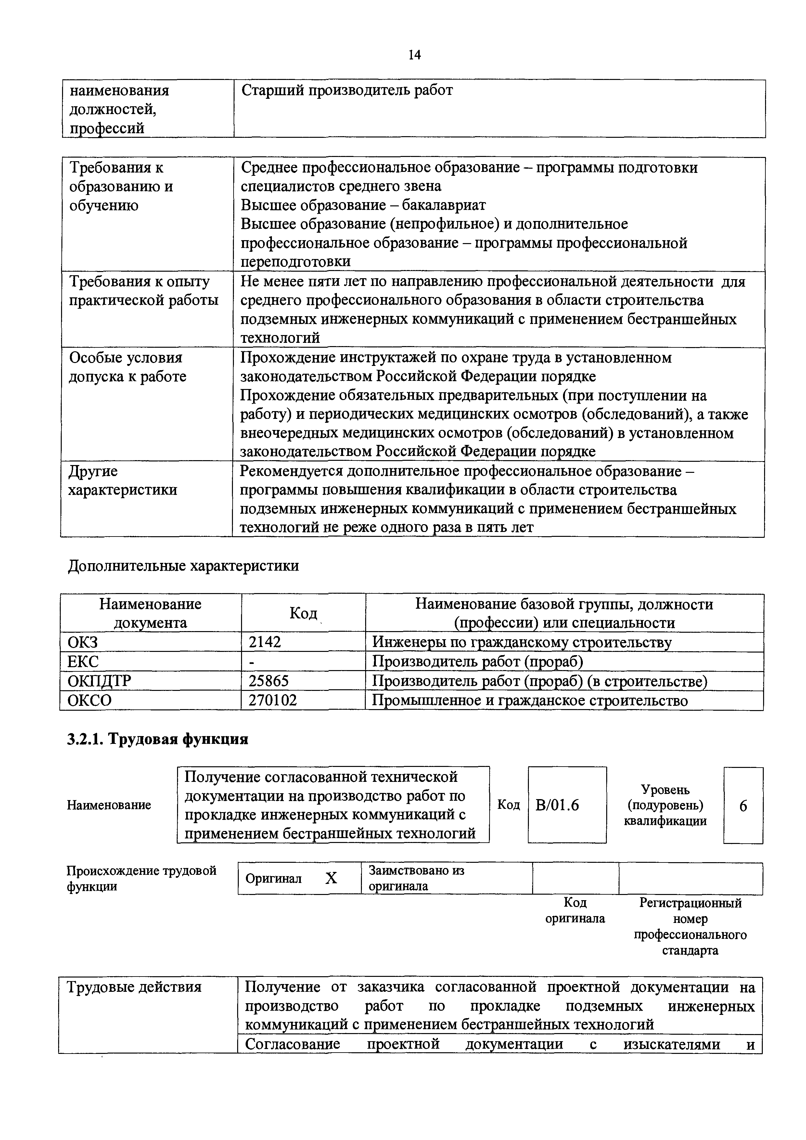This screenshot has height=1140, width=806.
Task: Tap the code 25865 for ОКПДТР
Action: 268,681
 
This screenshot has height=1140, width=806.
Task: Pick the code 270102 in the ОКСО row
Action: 273,700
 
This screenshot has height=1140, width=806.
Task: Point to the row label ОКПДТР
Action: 99,681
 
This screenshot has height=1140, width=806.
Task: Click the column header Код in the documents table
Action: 303,613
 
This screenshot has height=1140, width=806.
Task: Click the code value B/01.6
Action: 557,805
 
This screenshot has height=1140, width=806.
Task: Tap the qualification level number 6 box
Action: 743,805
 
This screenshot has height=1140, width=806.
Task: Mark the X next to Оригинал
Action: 331,878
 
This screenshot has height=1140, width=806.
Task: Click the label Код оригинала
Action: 575,910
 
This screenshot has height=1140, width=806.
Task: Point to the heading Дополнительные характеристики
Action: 183,565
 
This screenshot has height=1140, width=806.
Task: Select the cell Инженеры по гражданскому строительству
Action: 522,642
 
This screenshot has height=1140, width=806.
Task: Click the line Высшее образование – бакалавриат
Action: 363,205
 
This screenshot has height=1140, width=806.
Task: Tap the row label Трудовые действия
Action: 134,987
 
